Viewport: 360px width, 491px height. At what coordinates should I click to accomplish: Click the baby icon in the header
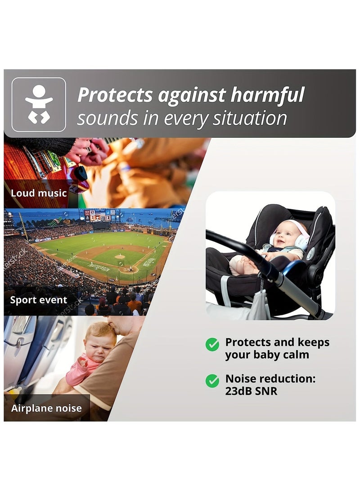(x=39, y=104)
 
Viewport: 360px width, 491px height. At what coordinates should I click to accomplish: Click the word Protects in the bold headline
(x=115, y=95)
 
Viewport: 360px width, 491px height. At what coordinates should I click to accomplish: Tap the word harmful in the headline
(x=267, y=95)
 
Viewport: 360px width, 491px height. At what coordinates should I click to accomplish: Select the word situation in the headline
(x=250, y=118)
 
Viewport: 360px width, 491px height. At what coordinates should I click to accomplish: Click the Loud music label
(x=39, y=194)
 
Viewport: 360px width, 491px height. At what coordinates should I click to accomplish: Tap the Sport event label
(x=39, y=300)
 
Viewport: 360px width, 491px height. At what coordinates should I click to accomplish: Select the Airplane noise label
(x=46, y=409)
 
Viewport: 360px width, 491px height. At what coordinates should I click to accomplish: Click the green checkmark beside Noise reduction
(x=212, y=381)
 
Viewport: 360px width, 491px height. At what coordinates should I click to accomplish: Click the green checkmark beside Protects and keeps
(x=212, y=344)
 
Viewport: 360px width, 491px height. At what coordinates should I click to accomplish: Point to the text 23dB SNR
(x=251, y=391)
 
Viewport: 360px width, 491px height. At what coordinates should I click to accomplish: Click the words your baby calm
(x=267, y=355)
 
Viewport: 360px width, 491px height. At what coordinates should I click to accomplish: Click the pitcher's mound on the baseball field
(x=120, y=257)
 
